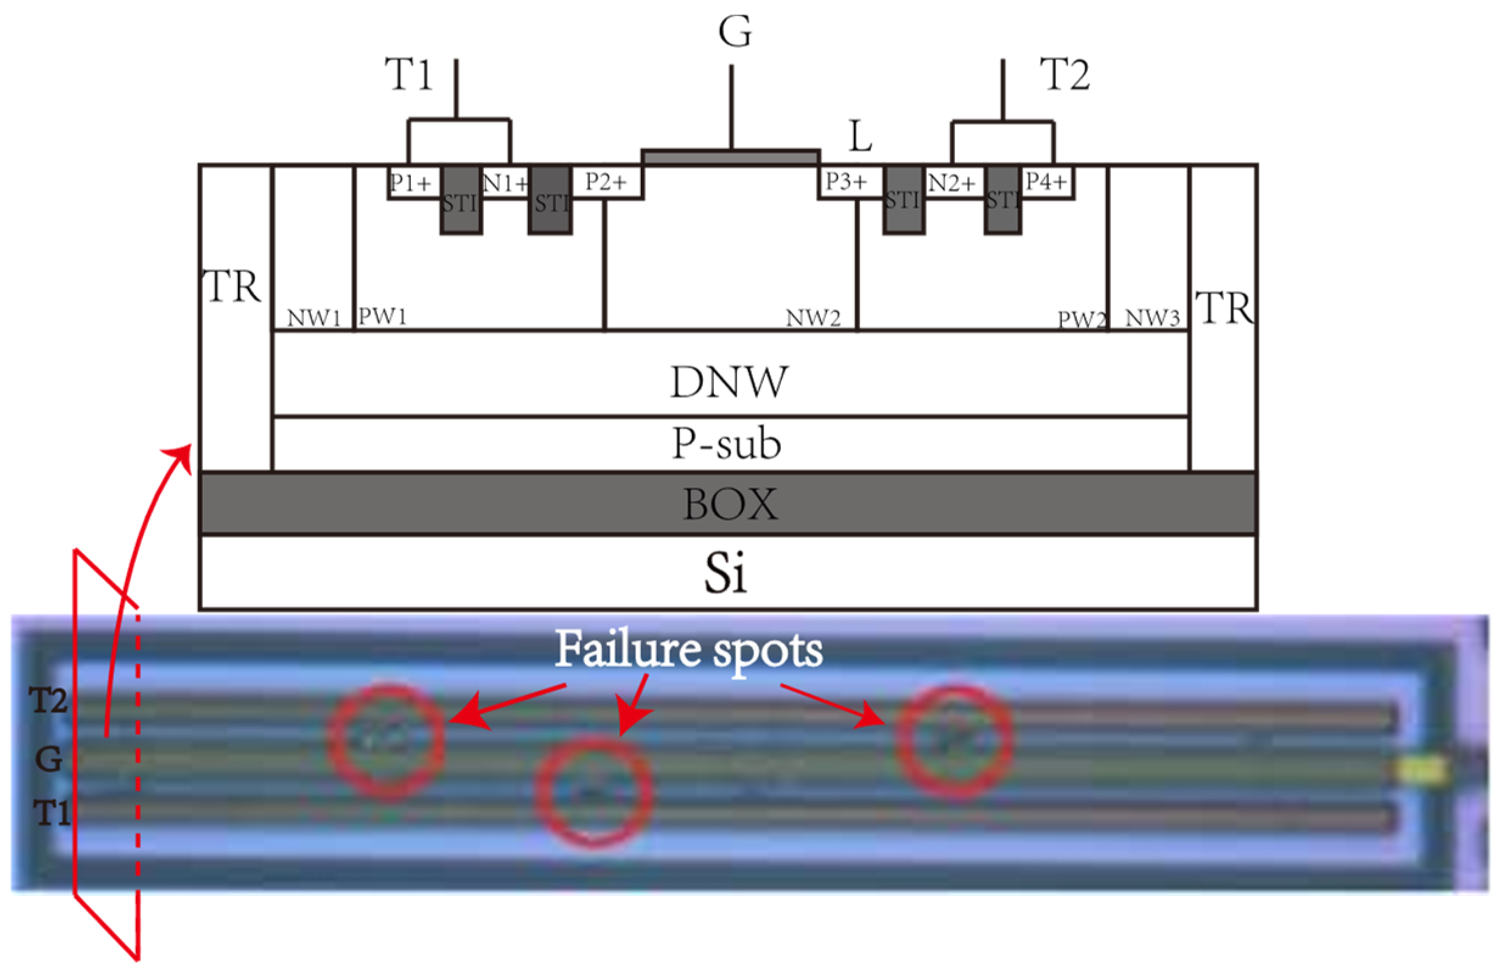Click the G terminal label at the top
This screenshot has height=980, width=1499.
(x=735, y=31)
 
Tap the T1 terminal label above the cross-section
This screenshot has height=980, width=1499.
(x=408, y=74)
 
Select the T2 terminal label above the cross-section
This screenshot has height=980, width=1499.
(x=1065, y=74)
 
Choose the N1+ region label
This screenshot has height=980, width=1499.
(x=505, y=183)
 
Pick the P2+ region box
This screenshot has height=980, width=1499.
(x=606, y=182)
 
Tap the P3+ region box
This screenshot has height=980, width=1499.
(x=847, y=182)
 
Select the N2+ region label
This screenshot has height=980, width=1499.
(x=952, y=183)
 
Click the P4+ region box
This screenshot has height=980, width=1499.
(x=1046, y=182)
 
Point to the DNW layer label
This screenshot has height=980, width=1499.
(x=729, y=382)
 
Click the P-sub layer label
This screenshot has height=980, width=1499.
(x=727, y=443)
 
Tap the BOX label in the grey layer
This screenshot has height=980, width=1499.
(x=730, y=504)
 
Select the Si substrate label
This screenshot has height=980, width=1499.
(x=725, y=573)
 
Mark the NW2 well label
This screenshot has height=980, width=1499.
(x=813, y=319)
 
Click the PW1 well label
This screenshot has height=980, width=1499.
(x=382, y=316)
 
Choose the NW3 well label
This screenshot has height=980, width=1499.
(x=1152, y=319)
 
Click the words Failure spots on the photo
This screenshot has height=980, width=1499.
(x=688, y=650)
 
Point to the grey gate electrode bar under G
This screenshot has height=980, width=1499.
(x=730, y=157)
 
